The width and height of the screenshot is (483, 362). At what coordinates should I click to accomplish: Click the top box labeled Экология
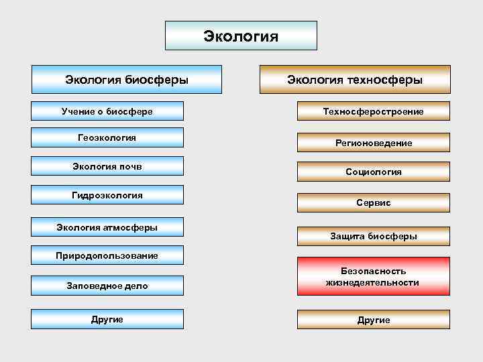point(241,36)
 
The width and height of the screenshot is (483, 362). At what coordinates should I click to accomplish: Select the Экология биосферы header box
point(126,79)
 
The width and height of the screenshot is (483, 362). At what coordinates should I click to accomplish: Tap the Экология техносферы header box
point(355,79)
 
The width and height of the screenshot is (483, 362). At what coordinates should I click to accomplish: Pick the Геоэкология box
point(107,137)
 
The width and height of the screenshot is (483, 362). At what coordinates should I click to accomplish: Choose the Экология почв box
point(107,166)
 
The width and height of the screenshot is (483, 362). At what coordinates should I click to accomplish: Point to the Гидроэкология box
point(107,195)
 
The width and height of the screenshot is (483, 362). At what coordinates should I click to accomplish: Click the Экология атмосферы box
point(107,227)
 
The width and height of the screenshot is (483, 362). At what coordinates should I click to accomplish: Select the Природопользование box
point(107,255)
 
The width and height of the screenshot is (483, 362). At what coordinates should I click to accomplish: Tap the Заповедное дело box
point(107,286)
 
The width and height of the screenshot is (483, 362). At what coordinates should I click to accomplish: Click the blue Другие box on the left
point(107,319)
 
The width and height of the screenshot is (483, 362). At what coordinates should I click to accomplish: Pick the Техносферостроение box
point(374,111)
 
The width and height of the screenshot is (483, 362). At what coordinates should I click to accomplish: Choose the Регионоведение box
point(374,143)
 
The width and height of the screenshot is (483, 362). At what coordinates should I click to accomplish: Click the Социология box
point(374,172)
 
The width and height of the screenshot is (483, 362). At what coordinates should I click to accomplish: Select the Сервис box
point(374,202)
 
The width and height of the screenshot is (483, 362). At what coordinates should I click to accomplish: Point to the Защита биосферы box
point(374,236)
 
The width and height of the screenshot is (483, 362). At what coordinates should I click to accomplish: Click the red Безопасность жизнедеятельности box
point(374,276)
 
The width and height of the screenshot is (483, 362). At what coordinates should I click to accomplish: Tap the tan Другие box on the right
point(374,320)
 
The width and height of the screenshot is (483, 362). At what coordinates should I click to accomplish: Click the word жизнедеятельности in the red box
point(373,283)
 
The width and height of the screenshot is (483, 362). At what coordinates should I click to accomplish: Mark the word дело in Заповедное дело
point(136,286)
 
